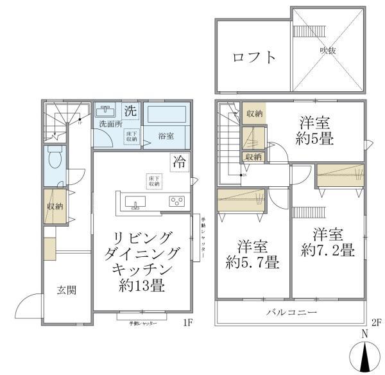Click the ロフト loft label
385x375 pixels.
coord(255,57)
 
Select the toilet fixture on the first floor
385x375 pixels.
coord(54,158)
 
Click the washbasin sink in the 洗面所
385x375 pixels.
coord(107,110)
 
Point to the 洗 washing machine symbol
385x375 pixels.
coord(130,110)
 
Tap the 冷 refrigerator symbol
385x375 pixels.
coord(179,162)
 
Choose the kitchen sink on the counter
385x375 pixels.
coord(135,204)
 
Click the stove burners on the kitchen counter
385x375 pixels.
coord(176,202)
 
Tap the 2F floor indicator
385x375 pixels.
coord(375,322)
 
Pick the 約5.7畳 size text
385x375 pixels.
coord(252,262)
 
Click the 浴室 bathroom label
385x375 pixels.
coord(167,135)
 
